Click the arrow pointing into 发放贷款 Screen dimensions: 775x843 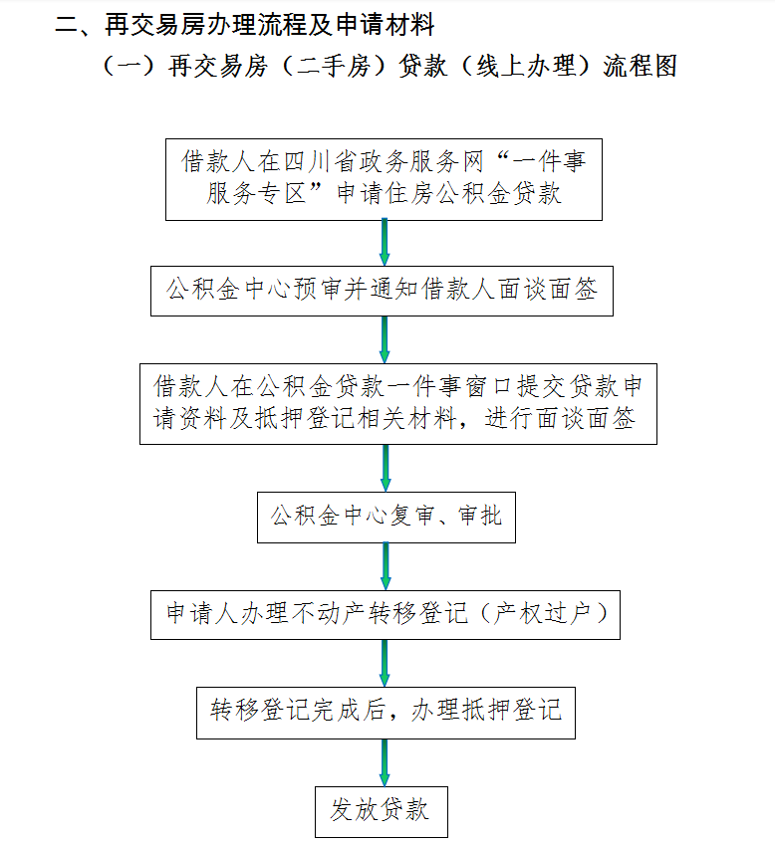coord(385,763)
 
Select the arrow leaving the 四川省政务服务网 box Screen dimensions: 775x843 coord(385,243)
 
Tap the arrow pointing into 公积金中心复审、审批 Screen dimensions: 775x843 coord(386,468)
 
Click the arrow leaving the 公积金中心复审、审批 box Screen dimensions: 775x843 coord(386,566)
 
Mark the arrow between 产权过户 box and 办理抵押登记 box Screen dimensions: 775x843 coord(385,663)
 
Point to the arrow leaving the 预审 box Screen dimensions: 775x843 coord(385,339)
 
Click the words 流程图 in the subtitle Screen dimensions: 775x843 coord(640,67)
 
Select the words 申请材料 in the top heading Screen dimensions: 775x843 coord(386,25)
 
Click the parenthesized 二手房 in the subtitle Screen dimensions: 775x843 coord(333,67)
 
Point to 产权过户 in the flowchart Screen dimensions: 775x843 coord(543,614)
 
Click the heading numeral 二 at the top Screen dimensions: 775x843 coord(67,25)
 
